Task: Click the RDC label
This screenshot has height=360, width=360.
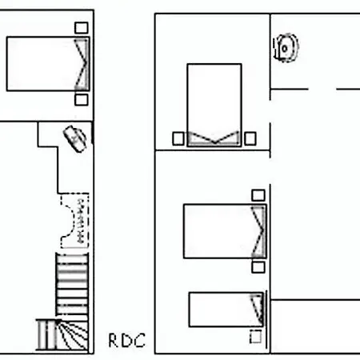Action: (x=127, y=340)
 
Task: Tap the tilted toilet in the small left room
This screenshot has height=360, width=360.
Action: (x=75, y=139)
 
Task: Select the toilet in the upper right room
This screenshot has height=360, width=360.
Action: (x=286, y=48)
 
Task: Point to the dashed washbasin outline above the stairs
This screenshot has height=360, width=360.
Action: (x=75, y=221)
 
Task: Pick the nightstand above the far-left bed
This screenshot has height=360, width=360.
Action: (x=82, y=28)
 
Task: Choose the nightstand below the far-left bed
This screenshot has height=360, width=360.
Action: (x=82, y=100)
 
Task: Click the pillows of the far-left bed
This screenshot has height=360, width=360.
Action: (x=82, y=64)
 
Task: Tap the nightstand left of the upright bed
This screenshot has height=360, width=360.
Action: (x=178, y=138)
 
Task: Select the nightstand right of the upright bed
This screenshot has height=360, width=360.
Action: (x=250, y=138)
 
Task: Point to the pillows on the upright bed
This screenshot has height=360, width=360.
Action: (x=214, y=138)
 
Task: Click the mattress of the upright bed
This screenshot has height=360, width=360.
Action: (x=214, y=105)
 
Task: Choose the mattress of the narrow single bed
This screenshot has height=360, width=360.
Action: (x=226, y=310)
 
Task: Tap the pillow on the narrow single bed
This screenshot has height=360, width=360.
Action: (x=257, y=310)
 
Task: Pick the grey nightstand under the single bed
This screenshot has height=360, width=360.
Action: (x=255, y=337)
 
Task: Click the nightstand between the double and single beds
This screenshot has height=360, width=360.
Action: (x=258, y=267)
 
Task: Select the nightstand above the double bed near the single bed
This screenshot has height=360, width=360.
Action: (x=258, y=195)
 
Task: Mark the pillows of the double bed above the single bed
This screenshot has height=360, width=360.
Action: (x=258, y=231)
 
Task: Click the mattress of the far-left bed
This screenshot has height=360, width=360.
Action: (x=48, y=64)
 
